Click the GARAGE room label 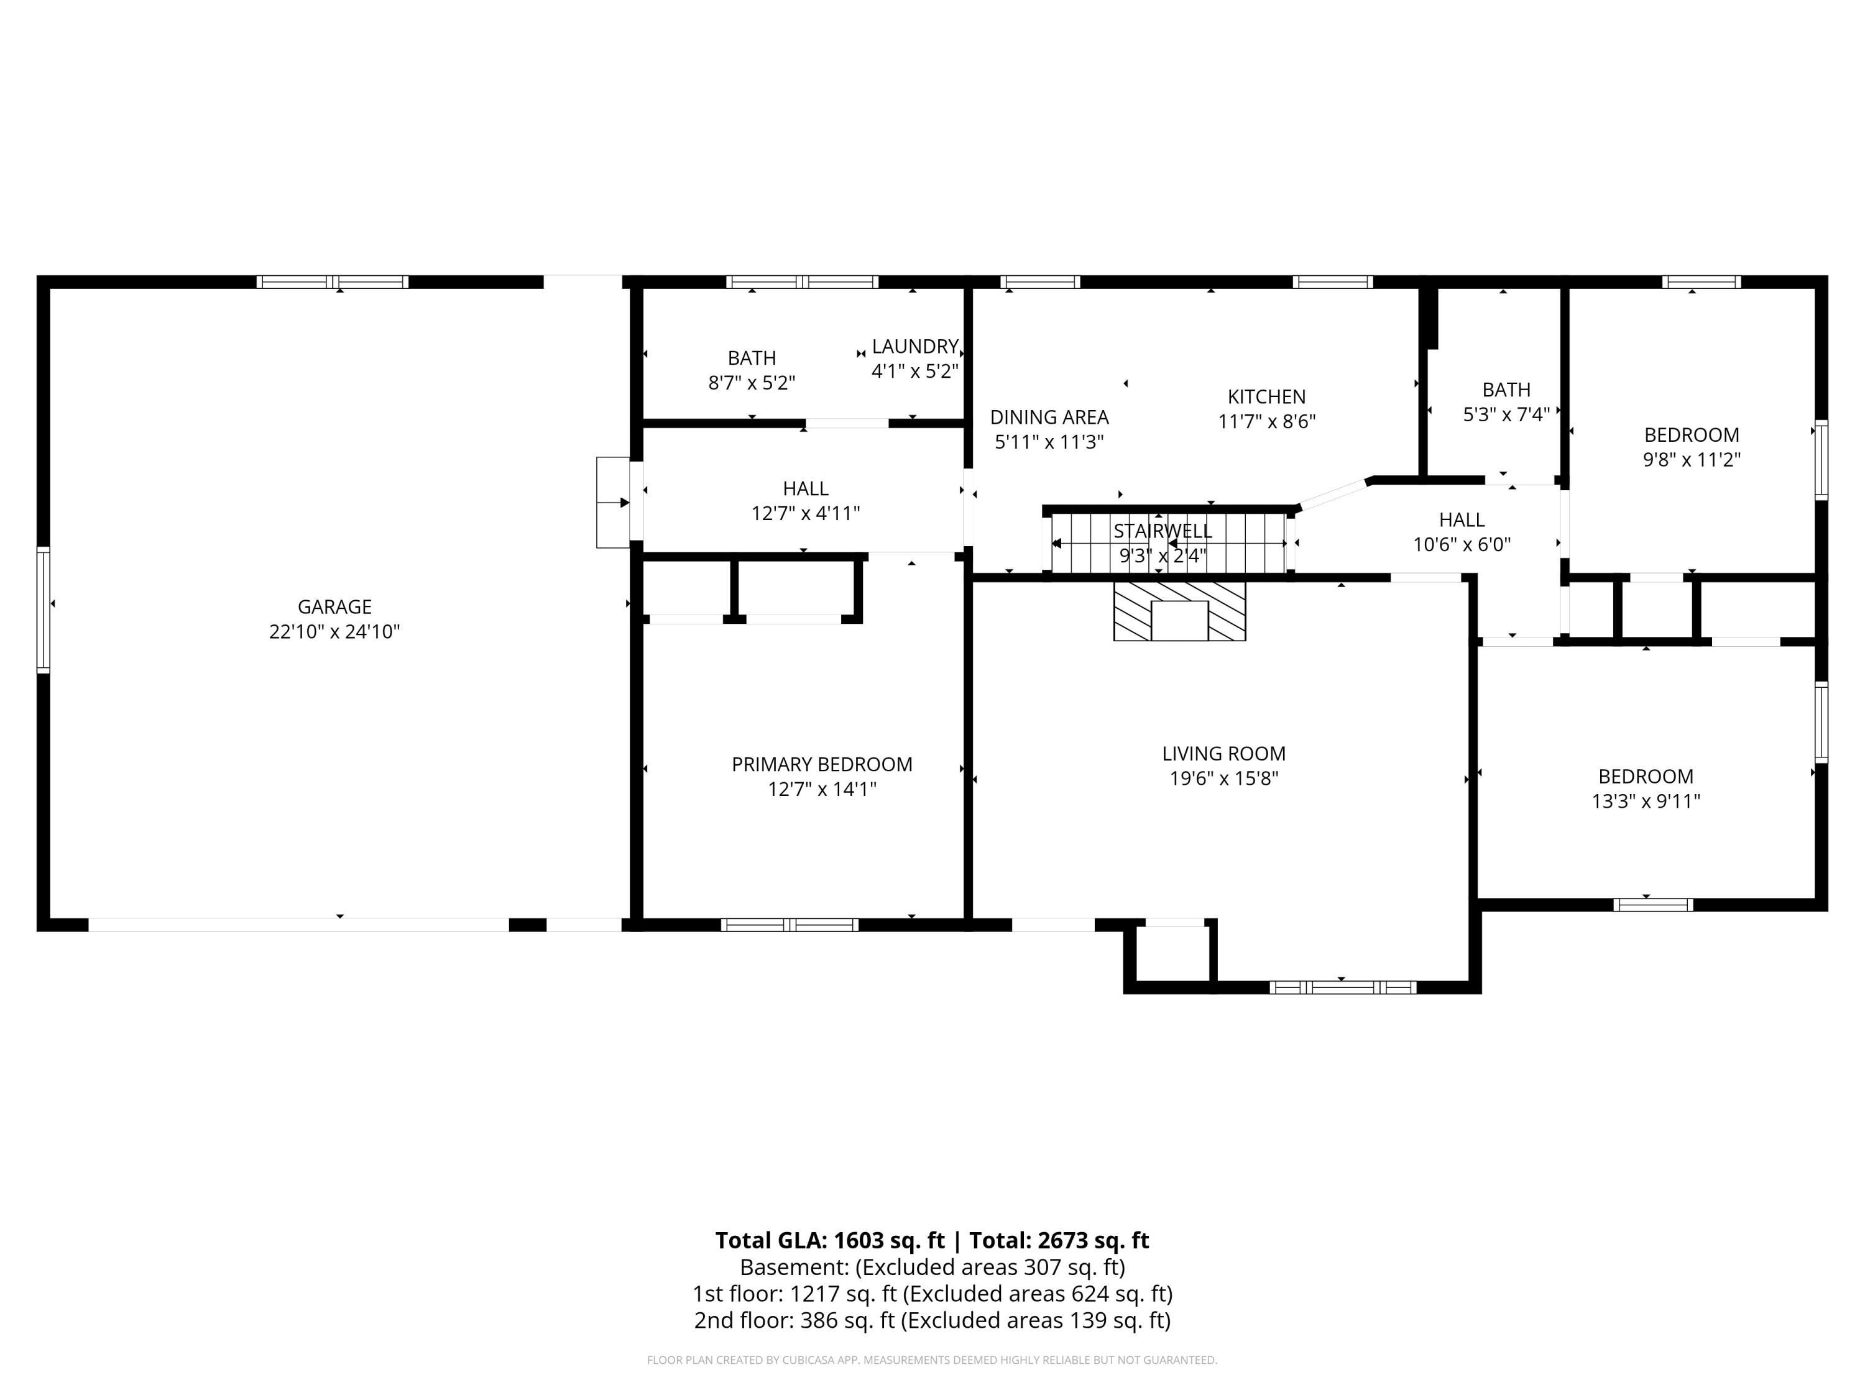(334, 606)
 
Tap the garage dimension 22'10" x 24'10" (334, 632)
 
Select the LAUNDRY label (915, 346)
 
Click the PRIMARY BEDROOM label (821, 764)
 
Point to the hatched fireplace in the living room (1179, 611)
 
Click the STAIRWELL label (1162, 531)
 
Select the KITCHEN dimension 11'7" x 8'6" (1266, 421)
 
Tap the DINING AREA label (1049, 417)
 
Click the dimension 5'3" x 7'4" (1506, 414)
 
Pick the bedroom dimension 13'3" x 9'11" (1645, 802)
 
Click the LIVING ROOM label (1223, 753)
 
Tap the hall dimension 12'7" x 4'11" (805, 513)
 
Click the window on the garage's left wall (43, 610)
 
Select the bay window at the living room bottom (1342, 987)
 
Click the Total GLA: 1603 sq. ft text (830, 1240)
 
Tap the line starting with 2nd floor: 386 (932, 1320)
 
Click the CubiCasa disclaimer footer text (932, 1360)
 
